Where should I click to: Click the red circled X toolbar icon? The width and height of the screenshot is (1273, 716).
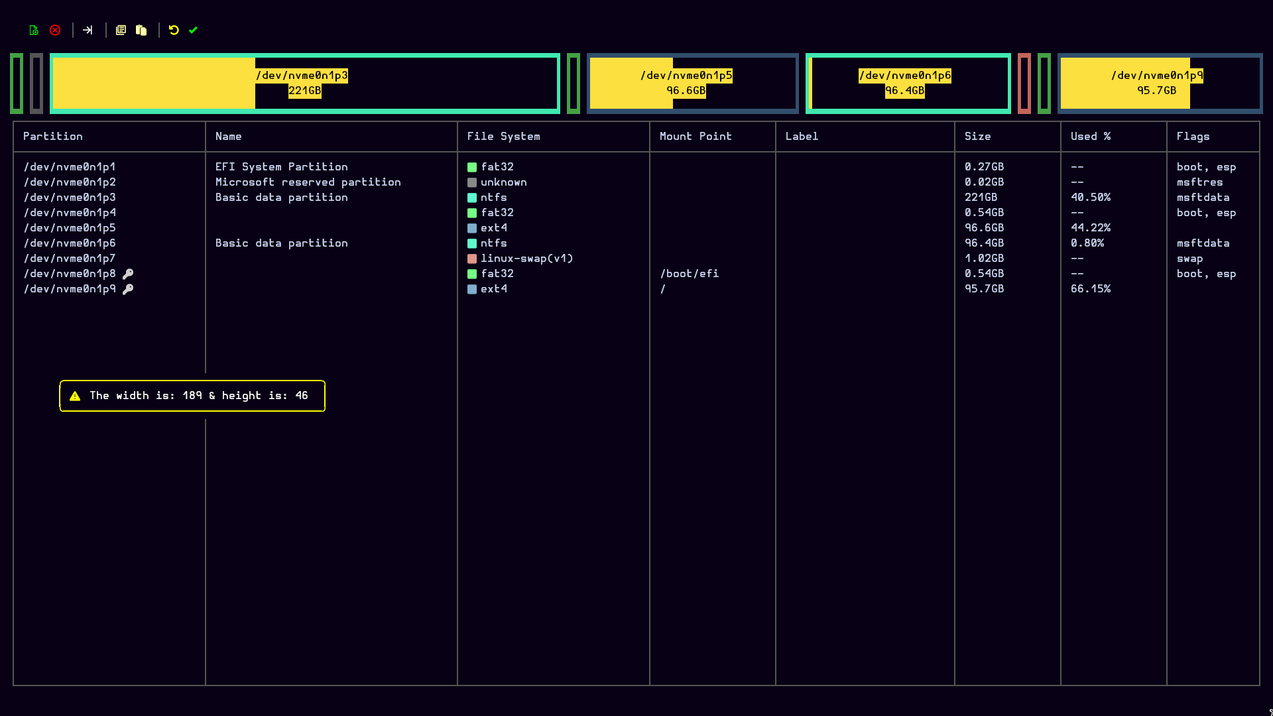tap(55, 30)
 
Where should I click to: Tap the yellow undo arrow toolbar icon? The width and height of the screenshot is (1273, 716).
tap(174, 30)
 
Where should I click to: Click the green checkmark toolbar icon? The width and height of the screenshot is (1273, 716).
tap(193, 30)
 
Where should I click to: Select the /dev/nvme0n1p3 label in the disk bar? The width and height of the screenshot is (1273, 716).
tap(302, 76)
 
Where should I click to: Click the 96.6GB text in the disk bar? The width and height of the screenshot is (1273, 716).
tap(686, 91)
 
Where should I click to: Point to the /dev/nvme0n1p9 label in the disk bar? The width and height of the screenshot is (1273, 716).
tap(1157, 76)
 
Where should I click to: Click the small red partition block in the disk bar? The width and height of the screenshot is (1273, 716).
tap(1024, 84)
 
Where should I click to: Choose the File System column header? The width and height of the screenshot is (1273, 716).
tap(504, 137)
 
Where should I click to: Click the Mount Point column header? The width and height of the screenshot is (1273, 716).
tap(696, 137)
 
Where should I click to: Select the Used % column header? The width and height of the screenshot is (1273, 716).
tap(1091, 137)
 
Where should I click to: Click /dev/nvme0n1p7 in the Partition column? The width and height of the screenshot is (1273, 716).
tap(70, 259)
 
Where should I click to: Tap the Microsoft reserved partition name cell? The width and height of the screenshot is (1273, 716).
tap(308, 182)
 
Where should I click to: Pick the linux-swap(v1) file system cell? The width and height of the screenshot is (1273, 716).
tap(527, 259)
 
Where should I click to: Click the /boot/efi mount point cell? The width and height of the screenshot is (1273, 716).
tap(690, 274)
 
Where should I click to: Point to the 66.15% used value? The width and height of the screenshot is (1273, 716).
tap(1091, 289)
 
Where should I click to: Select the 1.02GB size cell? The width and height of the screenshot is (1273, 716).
tap(985, 259)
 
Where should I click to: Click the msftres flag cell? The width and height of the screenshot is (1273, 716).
tap(1200, 182)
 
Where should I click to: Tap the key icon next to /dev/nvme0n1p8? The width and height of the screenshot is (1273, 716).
tap(128, 274)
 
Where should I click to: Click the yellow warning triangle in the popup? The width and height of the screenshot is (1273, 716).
tap(75, 396)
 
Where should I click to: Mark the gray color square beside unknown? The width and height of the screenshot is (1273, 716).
tap(472, 182)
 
